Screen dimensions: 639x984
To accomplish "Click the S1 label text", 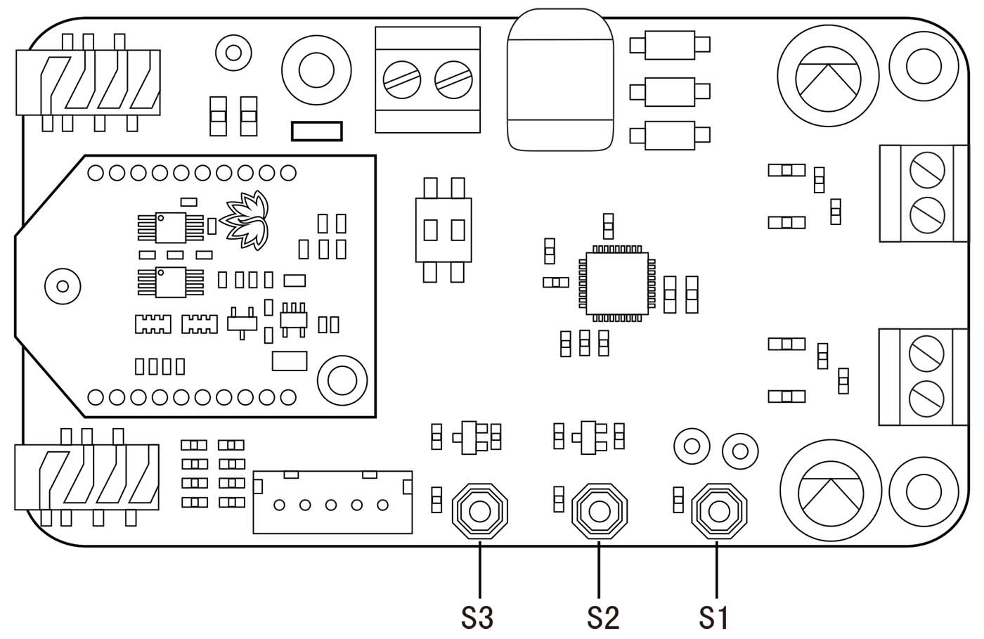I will tap(714, 617).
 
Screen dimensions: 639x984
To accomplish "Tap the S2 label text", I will tap(602, 617).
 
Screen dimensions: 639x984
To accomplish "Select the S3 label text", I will tap(477, 617).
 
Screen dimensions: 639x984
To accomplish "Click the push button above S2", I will tap(599, 510).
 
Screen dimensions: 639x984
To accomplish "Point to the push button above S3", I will tap(479, 510).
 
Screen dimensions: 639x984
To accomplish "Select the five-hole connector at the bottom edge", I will tap(332, 502).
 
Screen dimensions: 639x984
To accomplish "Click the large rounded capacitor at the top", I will tap(559, 80).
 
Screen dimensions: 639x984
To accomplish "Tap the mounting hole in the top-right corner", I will tap(924, 67).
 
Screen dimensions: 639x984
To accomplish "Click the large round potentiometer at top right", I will tap(828, 76).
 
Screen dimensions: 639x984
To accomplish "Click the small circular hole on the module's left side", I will tap(63, 286).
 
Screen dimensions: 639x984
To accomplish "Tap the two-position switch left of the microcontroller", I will tap(444, 230).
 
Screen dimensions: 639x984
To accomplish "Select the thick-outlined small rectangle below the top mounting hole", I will tap(317, 131).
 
